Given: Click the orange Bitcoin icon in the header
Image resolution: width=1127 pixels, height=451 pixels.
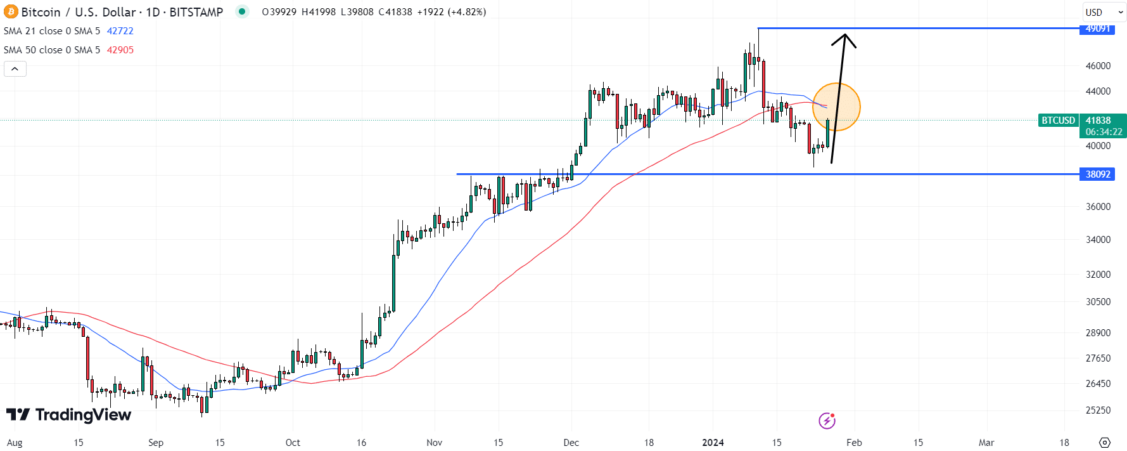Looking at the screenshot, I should [x=11, y=12].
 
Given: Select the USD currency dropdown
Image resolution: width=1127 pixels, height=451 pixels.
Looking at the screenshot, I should [x=1104, y=12].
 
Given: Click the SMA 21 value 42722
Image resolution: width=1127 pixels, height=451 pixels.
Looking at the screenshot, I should [x=120, y=31].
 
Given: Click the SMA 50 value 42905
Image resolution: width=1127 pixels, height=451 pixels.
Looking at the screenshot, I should [x=120, y=50].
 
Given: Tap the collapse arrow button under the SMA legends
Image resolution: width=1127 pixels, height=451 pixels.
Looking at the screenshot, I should [x=15, y=69].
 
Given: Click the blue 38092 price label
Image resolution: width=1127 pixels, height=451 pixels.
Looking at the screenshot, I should [x=1097, y=174].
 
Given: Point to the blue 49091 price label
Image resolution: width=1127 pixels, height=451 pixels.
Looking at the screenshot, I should [x=1097, y=29].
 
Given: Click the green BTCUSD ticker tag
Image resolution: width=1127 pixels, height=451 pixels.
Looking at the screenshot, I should [x=1058, y=121].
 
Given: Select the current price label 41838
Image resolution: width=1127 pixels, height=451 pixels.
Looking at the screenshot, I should [x=1098, y=121].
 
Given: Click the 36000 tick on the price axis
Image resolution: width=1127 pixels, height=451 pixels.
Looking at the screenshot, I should [x=1098, y=207].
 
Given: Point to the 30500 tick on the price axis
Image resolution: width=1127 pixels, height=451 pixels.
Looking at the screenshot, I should [x=1098, y=302].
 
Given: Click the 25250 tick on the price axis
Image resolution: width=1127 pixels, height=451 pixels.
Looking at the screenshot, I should [x=1098, y=410].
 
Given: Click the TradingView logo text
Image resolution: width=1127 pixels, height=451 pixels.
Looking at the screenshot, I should [x=82, y=415].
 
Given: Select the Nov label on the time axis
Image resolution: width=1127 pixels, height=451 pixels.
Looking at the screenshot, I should [x=434, y=443].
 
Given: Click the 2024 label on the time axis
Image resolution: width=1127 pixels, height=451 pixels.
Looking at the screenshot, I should [x=713, y=443].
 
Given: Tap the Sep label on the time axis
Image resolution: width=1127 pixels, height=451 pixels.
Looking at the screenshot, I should [x=155, y=443].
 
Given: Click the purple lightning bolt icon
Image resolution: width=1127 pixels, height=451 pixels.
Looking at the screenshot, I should [x=827, y=421].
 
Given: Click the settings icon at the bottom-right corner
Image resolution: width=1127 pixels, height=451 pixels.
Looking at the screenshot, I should [x=1105, y=443].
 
